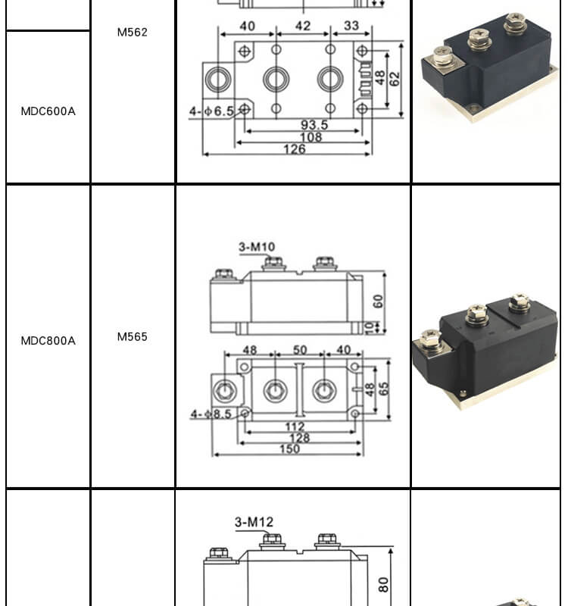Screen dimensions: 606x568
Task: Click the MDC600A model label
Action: [x=48, y=111]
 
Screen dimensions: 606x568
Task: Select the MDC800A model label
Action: [x=48, y=341]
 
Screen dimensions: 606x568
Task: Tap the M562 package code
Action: [x=132, y=33]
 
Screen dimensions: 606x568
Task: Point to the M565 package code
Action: [x=132, y=337]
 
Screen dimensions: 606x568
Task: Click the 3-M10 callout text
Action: [x=257, y=247]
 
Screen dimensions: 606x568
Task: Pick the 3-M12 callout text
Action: [x=254, y=522]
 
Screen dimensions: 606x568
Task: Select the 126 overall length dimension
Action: [x=294, y=149]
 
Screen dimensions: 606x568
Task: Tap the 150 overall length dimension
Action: [x=289, y=449]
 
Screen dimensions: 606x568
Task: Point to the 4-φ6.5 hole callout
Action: [x=212, y=111]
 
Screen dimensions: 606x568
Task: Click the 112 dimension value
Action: [x=295, y=427]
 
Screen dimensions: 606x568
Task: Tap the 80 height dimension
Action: [x=383, y=584]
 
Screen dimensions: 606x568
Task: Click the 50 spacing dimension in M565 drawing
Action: [x=300, y=351]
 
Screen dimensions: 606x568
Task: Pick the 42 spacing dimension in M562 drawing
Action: [x=302, y=27]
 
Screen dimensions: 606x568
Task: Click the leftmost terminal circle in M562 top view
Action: [x=219, y=78]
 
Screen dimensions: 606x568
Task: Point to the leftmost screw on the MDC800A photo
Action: [x=430, y=339]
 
